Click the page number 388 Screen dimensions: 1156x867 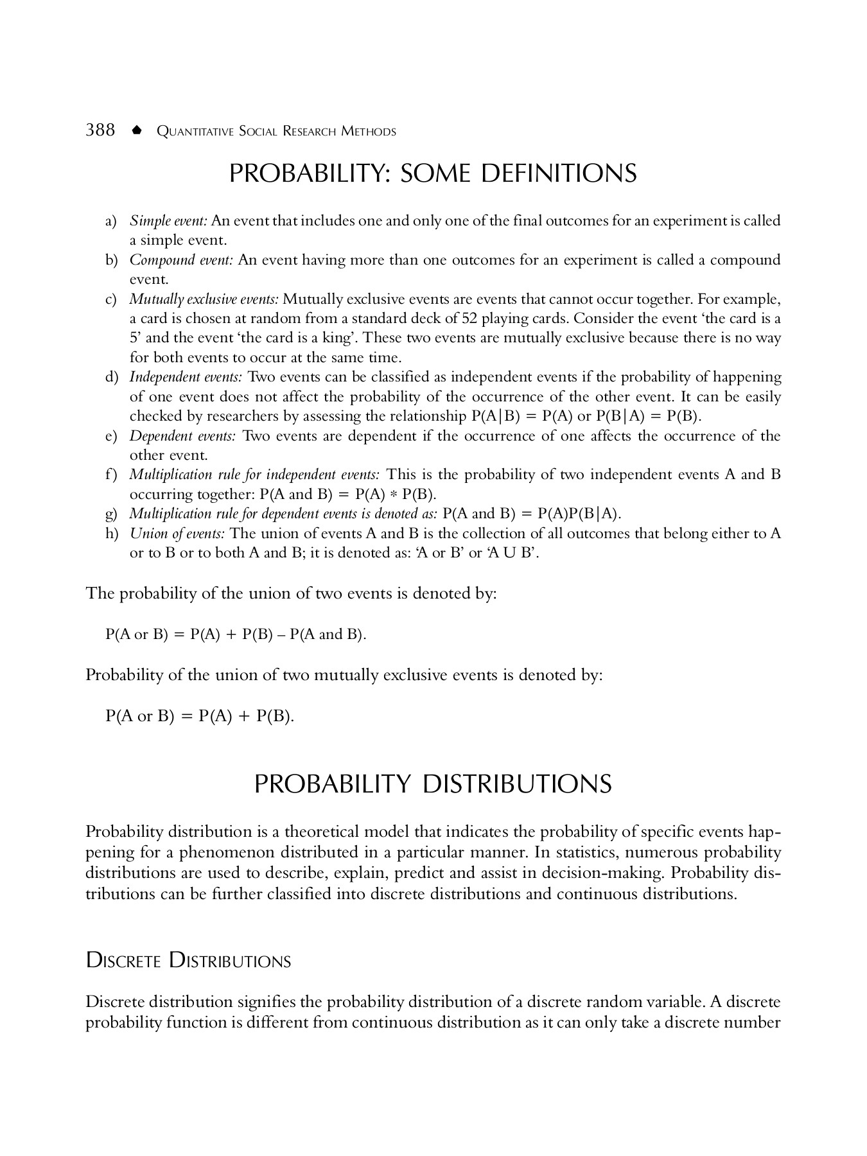tap(100, 130)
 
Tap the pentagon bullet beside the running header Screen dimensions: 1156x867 tap(136, 130)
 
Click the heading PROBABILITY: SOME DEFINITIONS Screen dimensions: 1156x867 tap(433, 173)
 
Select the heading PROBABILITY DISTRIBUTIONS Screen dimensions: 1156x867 tap(433, 784)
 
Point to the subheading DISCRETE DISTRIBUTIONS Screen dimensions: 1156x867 tap(188, 961)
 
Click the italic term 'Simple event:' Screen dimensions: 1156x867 tap(168, 221)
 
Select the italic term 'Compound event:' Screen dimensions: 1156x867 tap(181, 260)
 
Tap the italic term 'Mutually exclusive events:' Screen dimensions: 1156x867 tap(204, 299)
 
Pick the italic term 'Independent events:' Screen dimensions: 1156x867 tap(186, 377)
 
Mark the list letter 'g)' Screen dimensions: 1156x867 tap(111, 514)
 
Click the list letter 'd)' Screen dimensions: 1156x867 tap(111, 377)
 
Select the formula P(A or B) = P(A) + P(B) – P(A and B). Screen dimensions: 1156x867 tap(236, 635)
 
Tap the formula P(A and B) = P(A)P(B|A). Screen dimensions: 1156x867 tap(532, 514)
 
